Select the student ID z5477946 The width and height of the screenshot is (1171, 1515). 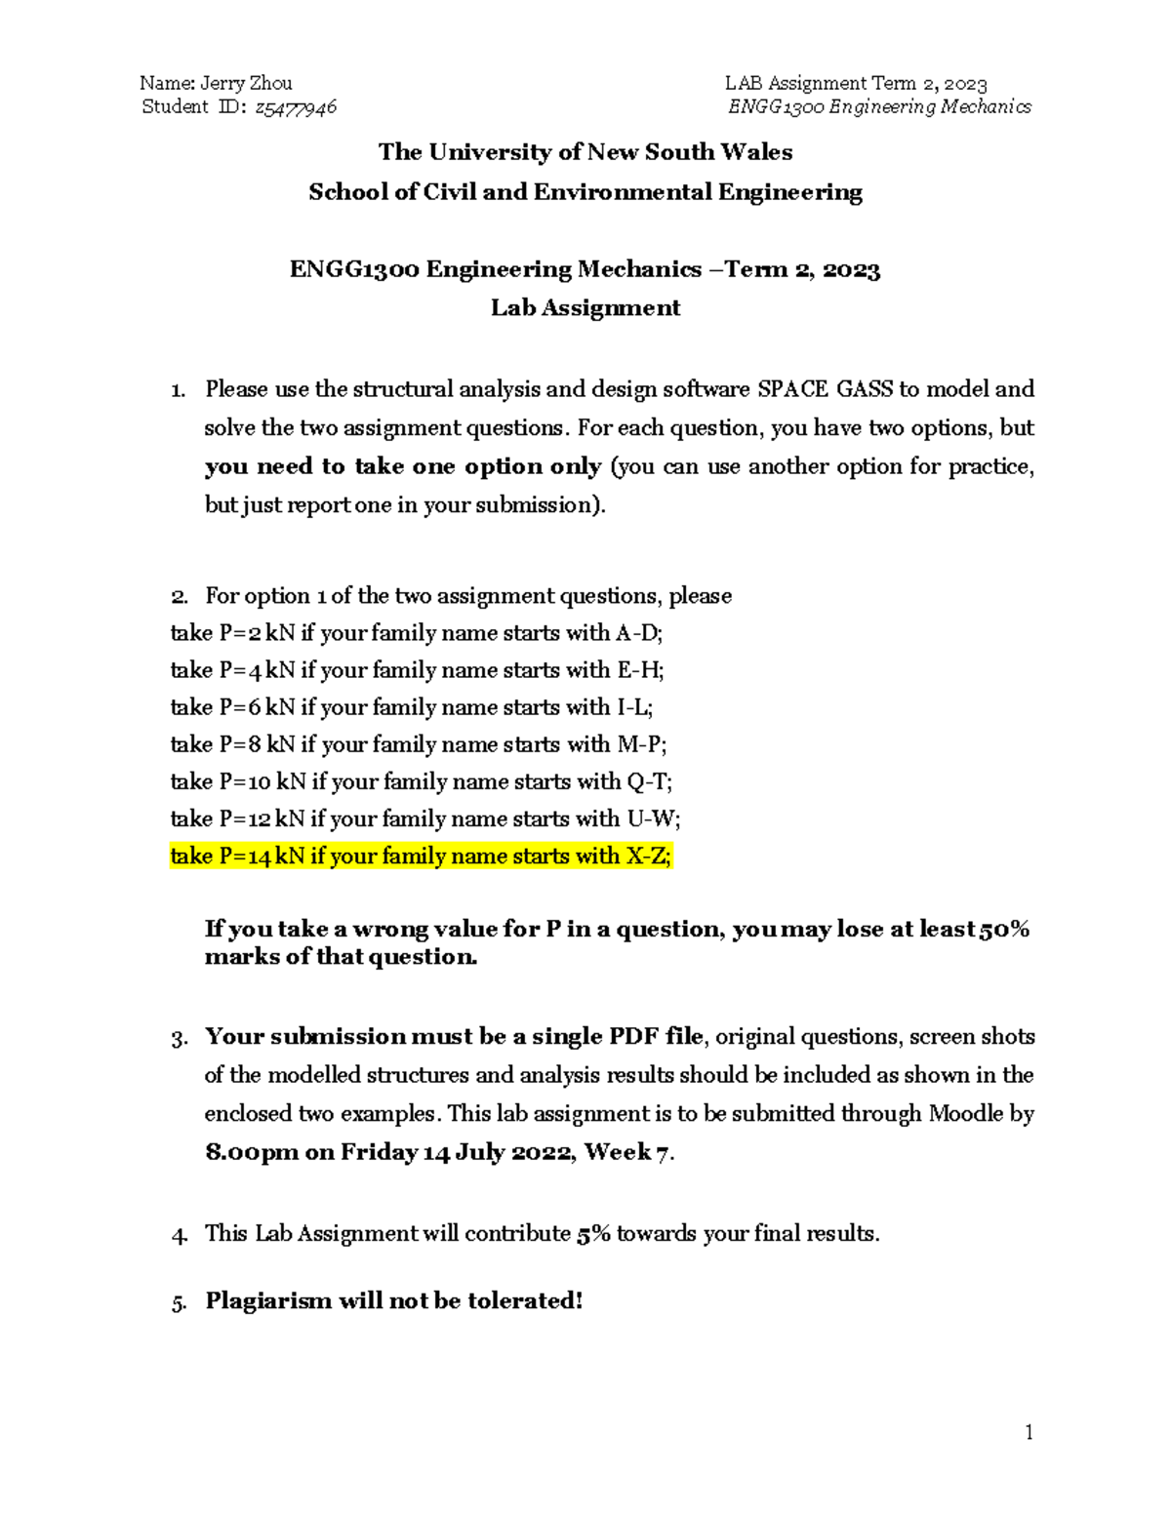point(296,107)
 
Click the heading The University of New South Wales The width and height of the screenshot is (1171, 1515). point(585,152)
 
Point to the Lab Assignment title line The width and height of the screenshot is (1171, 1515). point(585,308)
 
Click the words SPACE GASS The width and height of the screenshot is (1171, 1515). point(826,389)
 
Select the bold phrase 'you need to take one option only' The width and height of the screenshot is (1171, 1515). point(403,466)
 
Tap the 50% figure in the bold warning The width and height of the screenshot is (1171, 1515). point(1005,929)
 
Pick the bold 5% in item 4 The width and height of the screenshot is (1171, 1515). point(593,1234)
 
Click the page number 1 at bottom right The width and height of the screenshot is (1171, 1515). point(1029,1432)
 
